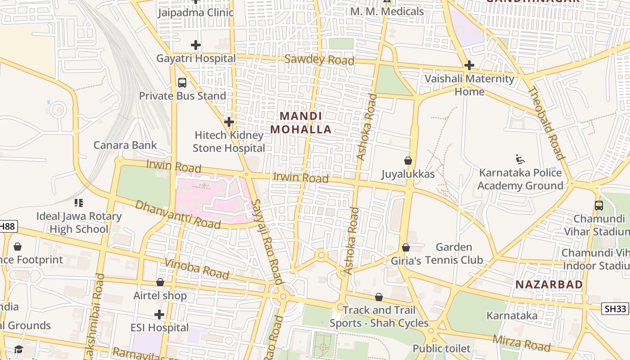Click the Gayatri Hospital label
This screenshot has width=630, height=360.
pyautogui.click(x=196, y=58)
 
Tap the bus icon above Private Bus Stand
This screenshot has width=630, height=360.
pyautogui.click(x=182, y=83)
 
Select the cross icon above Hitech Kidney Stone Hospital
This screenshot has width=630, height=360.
pyautogui.click(x=229, y=122)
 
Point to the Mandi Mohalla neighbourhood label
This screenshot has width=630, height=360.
pyautogui.click(x=301, y=123)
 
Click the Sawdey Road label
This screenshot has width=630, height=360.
pyautogui.click(x=319, y=60)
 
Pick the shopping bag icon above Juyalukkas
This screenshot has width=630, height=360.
pyautogui.click(x=408, y=161)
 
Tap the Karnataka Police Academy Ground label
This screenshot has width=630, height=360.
pyautogui.click(x=520, y=179)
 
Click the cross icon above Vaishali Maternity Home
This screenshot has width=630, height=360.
pyautogui.click(x=469, y=66)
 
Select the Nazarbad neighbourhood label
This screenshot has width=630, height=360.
pyautogui.click(x=549, y=284)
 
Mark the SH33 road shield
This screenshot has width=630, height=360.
pyautogui.click(x=615, y=309)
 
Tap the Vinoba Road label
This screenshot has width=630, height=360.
pyautogui.click(x=197, y=269)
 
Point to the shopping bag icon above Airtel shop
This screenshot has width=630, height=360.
pyautogui.click(x=160, y=282)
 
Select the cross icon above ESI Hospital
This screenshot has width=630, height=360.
pyautogui.click(x=159, y=315)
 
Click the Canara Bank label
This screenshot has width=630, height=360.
pyautogui.click(x=125, y=145)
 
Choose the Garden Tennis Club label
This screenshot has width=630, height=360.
pyautogui.click(x=454, y=253)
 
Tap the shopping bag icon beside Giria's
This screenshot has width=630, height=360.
pyautogui.click(x=406, y=247)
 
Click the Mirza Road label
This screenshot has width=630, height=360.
pyautogui.click(x=522, y=343)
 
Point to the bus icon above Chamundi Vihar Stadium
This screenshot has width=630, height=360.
pyautogui.click(x=599, y=206)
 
